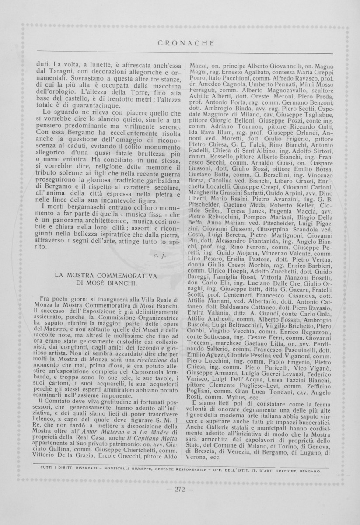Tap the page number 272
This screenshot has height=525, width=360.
click(x=181, y=489)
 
